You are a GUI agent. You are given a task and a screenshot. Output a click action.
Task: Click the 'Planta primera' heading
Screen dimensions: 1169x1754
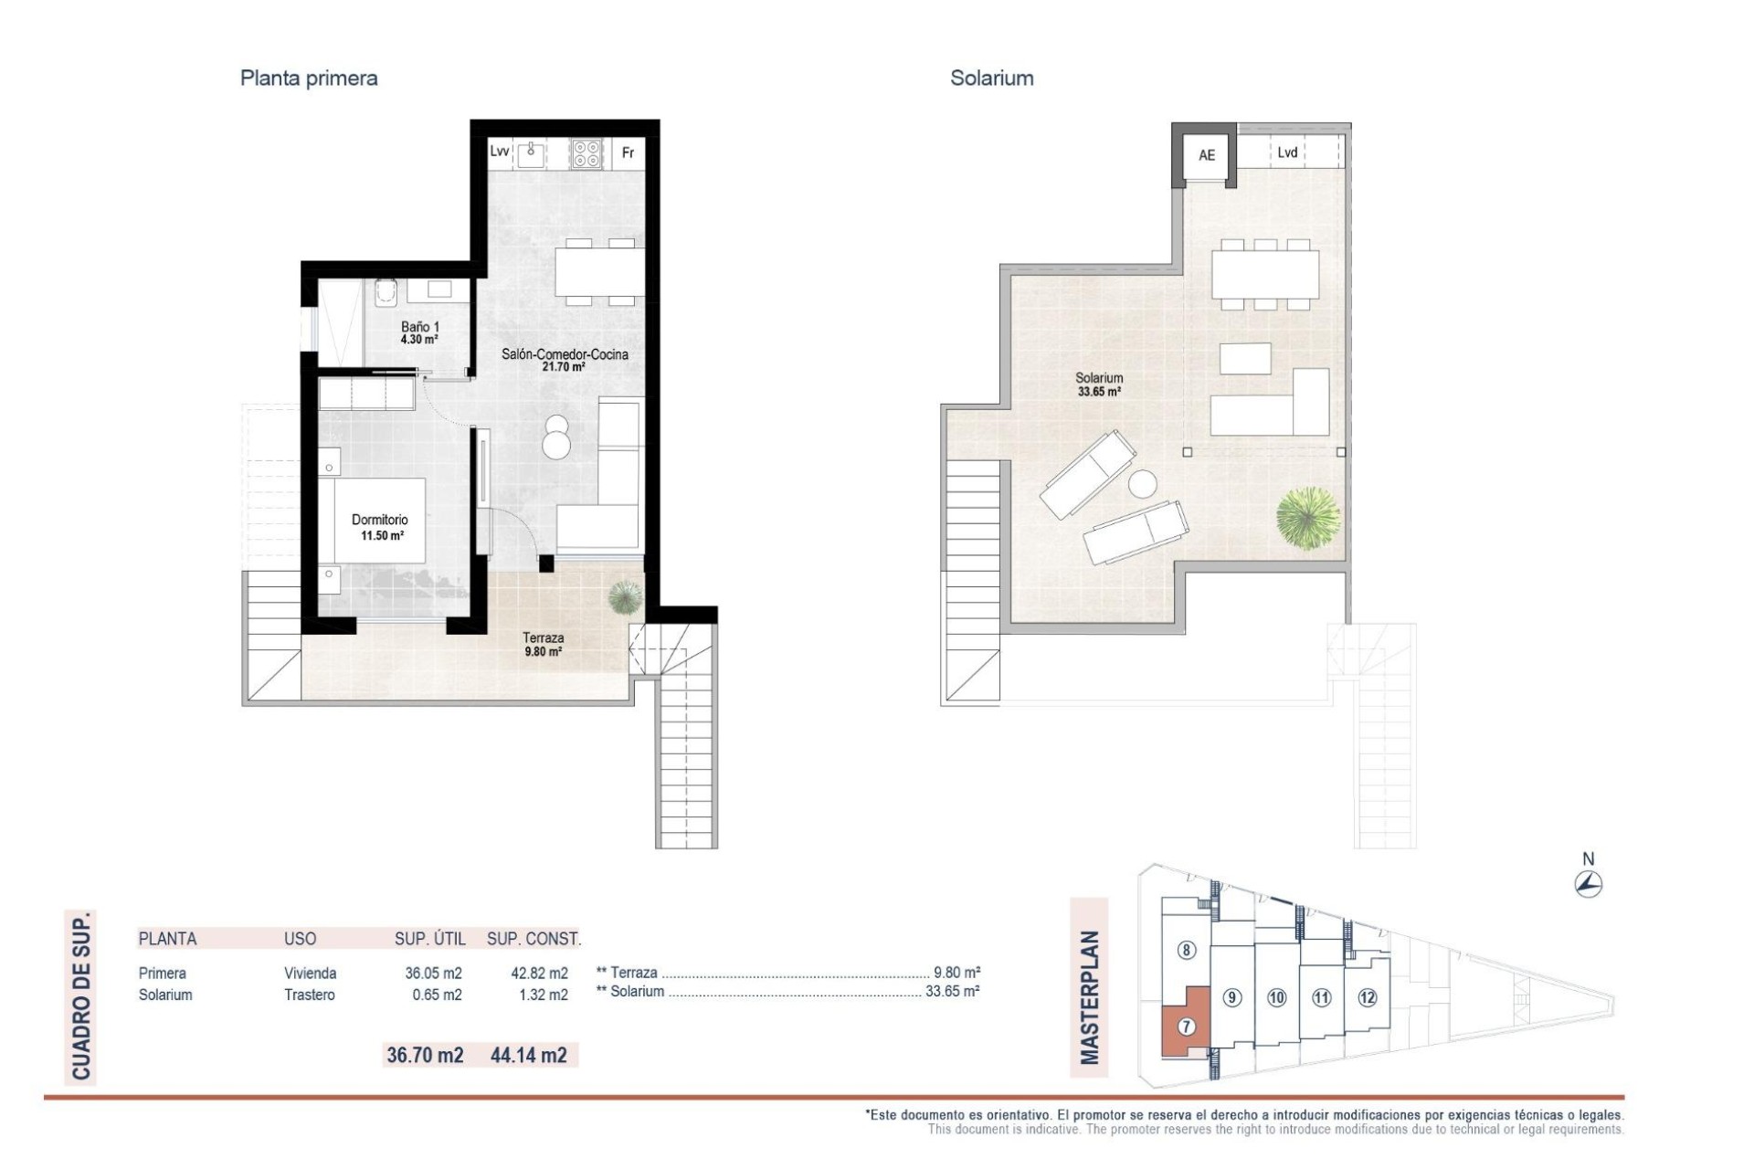(x=309, y=79)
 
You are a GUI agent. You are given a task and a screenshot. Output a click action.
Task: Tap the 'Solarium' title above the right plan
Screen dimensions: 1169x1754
(x=991, y=79)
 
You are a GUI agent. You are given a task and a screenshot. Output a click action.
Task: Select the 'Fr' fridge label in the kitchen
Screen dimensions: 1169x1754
(x=628, y=153)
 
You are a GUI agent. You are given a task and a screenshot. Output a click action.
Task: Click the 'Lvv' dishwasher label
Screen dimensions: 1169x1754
(x=499, y=152)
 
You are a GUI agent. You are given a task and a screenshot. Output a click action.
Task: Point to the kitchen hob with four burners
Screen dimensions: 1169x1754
(x=586, y=153)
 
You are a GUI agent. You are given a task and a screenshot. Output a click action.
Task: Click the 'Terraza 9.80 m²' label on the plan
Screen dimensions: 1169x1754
(x=543, y=644)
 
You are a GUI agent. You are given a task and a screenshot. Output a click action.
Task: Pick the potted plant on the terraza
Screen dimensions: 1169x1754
(x=625, y=597)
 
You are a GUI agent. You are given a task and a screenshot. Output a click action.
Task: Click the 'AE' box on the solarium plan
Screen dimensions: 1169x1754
(x=1207, y=155)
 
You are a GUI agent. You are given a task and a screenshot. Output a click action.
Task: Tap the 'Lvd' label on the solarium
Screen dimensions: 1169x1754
(x=1287, y=153)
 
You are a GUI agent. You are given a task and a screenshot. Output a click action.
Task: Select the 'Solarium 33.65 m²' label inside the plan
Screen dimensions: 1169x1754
(x=1099, y=384)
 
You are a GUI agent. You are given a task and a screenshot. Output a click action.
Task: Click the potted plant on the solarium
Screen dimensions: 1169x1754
(x=1308, y=518)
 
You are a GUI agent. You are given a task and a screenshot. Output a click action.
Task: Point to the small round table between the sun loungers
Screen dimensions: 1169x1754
(x=1142, y=483)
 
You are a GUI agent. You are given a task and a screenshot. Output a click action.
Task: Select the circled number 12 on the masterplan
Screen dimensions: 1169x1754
(x=1367, y=997)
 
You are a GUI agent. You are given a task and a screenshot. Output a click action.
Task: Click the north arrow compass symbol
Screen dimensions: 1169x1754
(x=1589, y=883)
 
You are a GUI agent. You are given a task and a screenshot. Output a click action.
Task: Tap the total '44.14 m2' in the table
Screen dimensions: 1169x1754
(x=528, y=1055)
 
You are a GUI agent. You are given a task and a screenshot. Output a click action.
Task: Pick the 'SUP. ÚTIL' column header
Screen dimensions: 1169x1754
(x=429, y=939)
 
